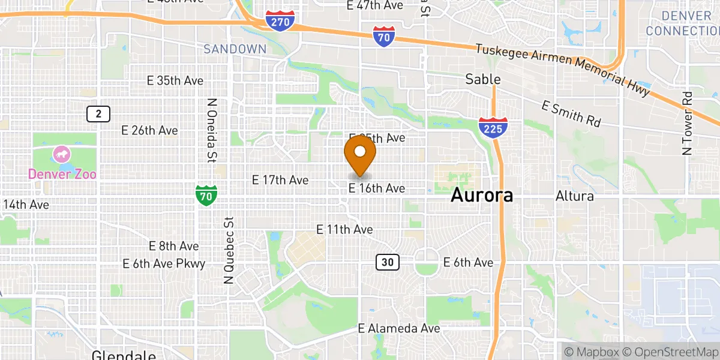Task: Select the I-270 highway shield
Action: (280, 21)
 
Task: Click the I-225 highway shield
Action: (493, 128)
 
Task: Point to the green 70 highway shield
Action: (206, 196)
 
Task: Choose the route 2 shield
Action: (98, 113)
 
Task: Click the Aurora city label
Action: (482, 195)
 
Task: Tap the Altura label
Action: (574, 196)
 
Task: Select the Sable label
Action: (483, 79)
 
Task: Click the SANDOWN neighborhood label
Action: (235, 49)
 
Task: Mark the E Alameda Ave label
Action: (399, 328)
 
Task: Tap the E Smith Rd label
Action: (571, 113)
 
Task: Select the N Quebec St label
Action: (228, 251)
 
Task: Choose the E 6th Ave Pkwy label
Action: (164, 263)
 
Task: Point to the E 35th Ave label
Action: (175, 80)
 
